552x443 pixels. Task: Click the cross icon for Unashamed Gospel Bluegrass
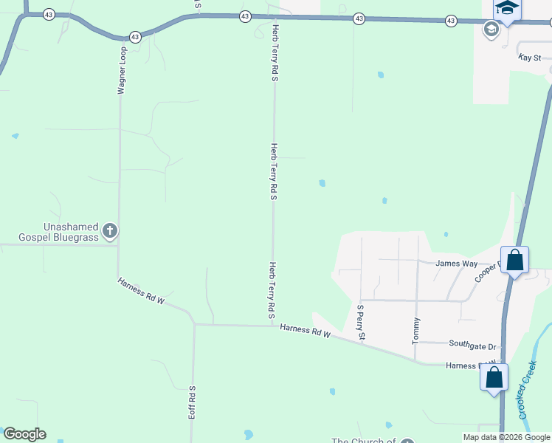tap(109, 231)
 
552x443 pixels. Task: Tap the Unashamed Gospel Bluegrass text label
tap(50, 231)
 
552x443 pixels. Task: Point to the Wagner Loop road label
tap(123, 72)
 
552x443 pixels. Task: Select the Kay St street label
tap(530, 57)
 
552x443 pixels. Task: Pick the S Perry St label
tap(361, 322)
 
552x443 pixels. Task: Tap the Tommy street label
tap(416, 331)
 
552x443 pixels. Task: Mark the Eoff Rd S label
tap(191, 402)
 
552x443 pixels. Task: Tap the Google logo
tap(24, 434)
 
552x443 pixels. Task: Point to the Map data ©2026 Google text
tap(506, 437)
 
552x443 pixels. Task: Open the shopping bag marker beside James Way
tap(514, 259)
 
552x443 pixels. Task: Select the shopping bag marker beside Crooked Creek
tap(494, 377)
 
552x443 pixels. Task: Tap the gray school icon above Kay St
tap(490, 30)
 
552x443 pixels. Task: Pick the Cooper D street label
tap(487, 270)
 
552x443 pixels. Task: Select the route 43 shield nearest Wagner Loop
tap(134, 36)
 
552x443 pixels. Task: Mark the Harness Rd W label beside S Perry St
tap(305, 332)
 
